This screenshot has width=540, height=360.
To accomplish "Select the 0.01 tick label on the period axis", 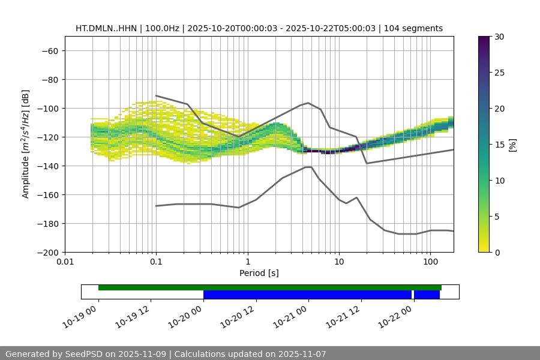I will pos(65,262).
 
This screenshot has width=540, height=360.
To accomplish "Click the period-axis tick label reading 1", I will pos(247,262).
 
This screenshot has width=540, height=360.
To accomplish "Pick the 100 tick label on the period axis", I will pos(430,262).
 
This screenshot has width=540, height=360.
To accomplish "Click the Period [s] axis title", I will pos(259,274).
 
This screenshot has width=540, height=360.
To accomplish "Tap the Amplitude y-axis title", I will pos(26,145).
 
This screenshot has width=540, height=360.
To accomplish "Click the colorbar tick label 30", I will pos(499,37).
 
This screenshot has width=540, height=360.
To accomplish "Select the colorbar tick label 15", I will pos(499,145).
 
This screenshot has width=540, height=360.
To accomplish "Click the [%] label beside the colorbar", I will pos(512,145).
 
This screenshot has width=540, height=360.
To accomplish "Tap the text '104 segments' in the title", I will pos(413,28).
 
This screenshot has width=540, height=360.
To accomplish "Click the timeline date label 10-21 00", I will pos(292,322).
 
